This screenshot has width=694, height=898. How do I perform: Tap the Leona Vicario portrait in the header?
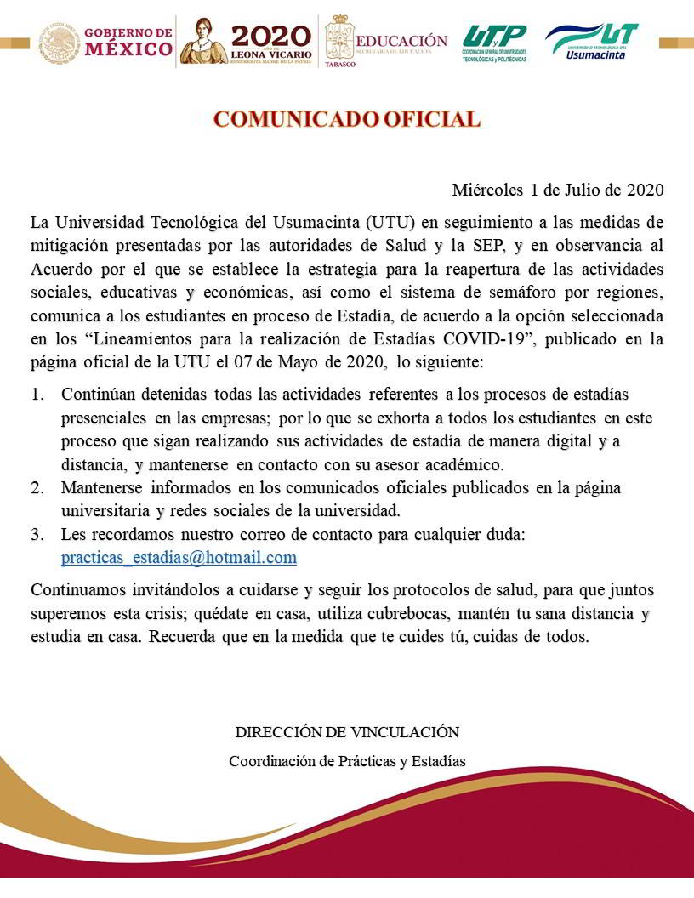[x=203, y=40]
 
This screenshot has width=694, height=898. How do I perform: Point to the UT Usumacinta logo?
[x=592, y=40]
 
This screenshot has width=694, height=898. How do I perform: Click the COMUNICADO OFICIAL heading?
[x=346, y=119]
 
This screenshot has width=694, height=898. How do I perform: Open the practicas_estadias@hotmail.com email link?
[x=179, y=558]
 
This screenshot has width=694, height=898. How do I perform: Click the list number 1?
[x=37, y=395]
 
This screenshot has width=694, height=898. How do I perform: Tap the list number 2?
[x=37, y=488]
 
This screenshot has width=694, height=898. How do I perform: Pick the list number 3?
[x=37, y=535]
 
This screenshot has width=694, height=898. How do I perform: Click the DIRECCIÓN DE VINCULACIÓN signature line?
[x=347, y=732]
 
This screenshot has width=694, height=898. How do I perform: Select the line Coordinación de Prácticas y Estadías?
[x=347, y=761]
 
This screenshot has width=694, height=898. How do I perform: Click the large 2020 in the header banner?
[x=271, y=34]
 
